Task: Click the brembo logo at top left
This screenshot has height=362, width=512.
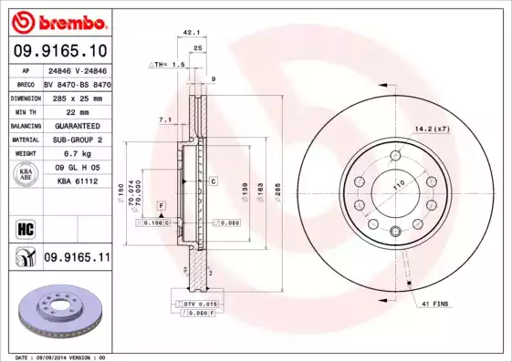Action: click(57, 21)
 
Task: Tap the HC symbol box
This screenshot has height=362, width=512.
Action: click(24, 228)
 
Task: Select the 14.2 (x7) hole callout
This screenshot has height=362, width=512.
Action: click(432, 129)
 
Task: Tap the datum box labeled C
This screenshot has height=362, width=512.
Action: click(213, 181)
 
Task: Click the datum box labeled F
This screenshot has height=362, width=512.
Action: click(160, 205)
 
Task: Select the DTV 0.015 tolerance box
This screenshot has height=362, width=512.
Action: click(193, 303)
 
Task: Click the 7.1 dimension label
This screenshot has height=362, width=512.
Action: click(165, 119)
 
